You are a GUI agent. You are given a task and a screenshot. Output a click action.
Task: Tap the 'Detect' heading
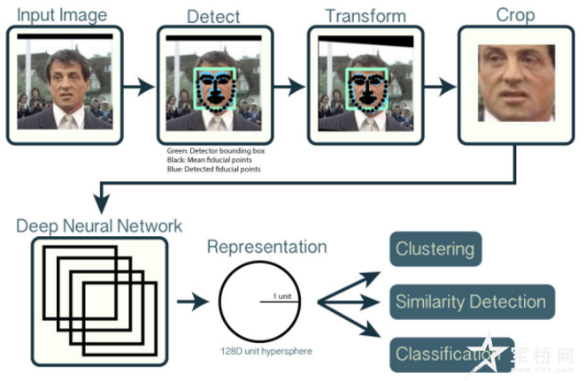click(212, 16)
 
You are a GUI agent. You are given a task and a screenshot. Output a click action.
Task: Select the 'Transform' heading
click(366, 16)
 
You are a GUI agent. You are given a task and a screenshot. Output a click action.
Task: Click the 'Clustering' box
click(435, 249)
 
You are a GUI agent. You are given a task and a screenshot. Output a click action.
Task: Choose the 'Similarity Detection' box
click(471, 301)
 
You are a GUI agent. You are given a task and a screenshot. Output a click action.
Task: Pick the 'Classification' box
click(448, 354)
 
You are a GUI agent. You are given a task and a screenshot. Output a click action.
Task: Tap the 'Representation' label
click(266, 246)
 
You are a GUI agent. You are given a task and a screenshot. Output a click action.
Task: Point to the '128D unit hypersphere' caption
click(265, 353)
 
